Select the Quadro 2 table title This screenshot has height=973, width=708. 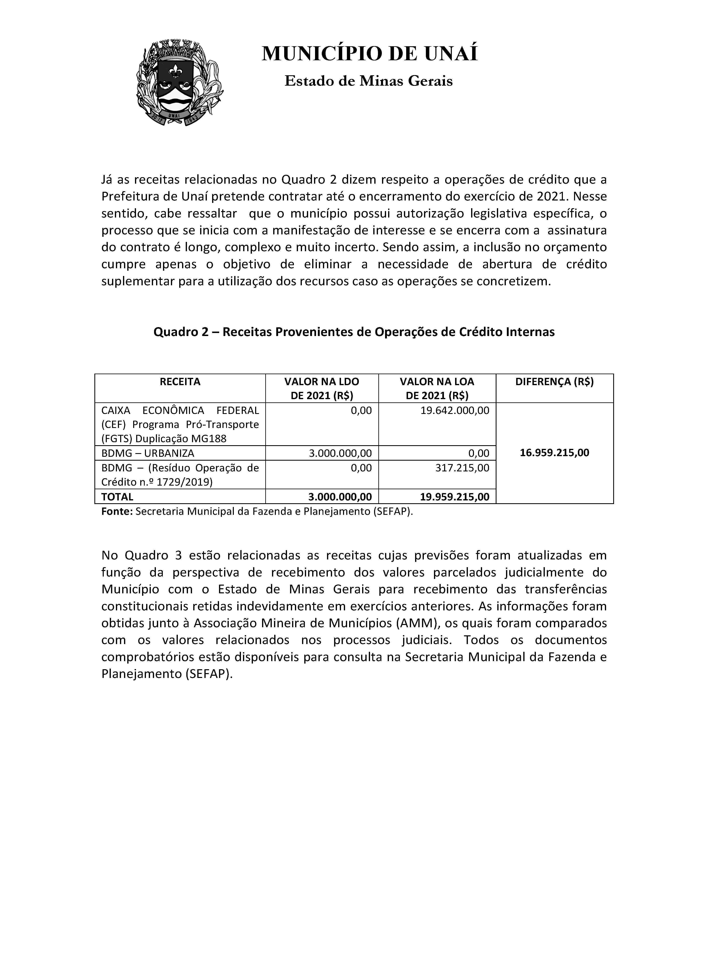coord(354,332)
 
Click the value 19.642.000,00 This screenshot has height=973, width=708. coord(455,410)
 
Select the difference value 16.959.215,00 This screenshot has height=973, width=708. coord(554,453)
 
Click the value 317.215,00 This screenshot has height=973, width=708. coord(463,468)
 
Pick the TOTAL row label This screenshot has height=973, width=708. coord(117,497)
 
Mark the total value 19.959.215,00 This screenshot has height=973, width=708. coord(455,497)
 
